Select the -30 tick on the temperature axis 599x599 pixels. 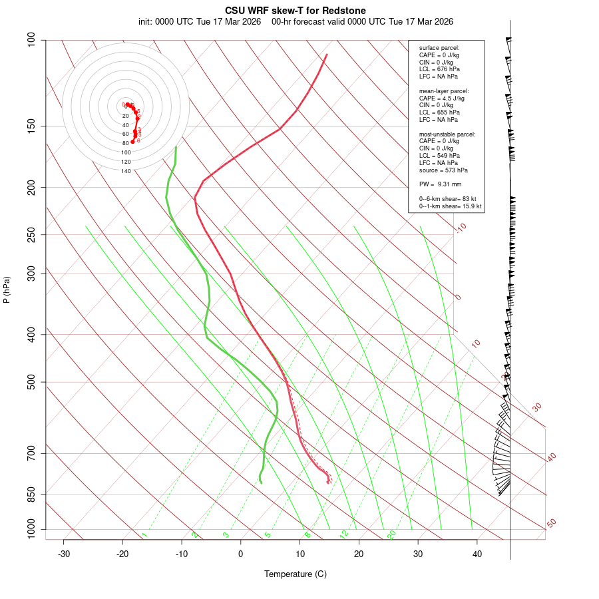pos(64,554)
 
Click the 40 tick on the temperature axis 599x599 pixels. pos(477,554)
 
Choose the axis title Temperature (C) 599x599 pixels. pos(296,574)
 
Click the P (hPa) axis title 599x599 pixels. pos(7,290)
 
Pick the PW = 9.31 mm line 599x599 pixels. pos(440,184)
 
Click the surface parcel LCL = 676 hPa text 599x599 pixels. pos(439,69)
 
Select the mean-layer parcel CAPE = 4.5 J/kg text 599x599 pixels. pos(442,98)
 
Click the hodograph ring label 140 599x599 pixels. pos(126,171)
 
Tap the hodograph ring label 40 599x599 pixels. pos(126,125)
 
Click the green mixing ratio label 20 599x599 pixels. pos(392,534)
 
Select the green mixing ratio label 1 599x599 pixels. pos(144,535)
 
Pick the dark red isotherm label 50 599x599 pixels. pos(551,524)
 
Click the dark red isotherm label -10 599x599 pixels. pos(461,228)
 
